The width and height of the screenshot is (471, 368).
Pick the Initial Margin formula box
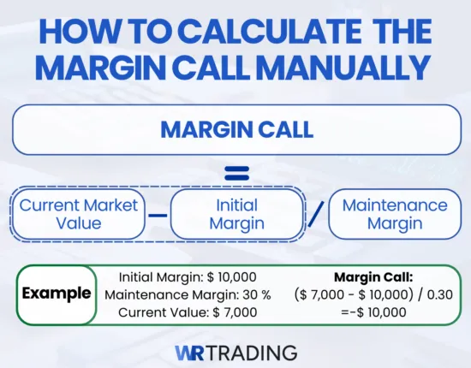click(236, 213)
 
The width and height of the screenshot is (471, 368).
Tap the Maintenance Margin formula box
click(395, 213)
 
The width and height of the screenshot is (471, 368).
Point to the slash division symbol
click(316, 213)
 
